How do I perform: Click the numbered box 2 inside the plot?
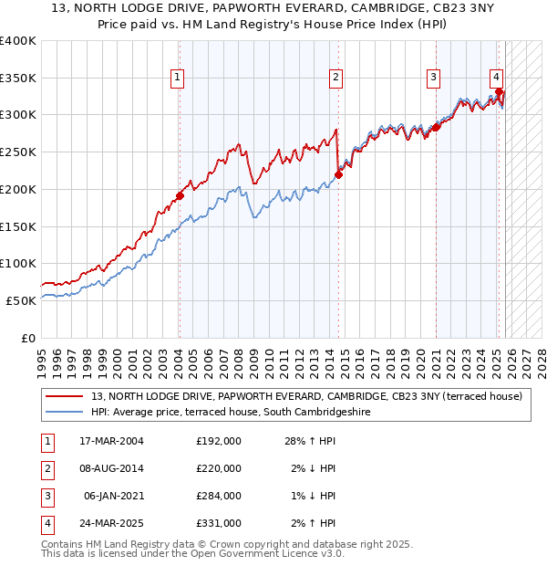336,78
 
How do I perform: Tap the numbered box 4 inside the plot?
497,78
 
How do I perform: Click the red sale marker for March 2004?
180,194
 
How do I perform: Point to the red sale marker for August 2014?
338,173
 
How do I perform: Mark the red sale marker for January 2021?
436,127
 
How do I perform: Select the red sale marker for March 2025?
500,91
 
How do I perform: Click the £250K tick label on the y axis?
18,152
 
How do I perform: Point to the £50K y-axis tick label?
22,299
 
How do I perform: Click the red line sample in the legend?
65,396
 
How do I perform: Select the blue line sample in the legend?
65,412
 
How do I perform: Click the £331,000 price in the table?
219,523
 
